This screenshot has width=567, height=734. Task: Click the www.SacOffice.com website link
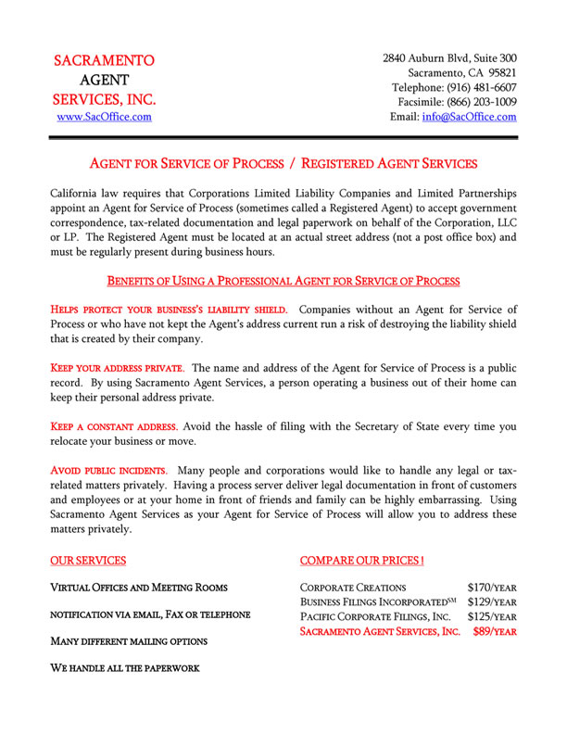(104, 118)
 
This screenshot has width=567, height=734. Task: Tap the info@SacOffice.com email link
(469, 118)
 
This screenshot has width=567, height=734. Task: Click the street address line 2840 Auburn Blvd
(449, 58)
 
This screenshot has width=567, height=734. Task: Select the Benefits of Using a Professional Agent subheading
(283, 280)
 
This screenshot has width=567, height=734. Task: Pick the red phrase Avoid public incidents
(108, 470)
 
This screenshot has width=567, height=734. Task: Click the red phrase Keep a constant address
(113, 427)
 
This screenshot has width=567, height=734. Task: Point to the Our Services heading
(87, 561)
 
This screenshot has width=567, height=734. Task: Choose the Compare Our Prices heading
(362, 561)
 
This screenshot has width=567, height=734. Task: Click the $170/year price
(492, 588)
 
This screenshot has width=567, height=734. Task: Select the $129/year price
(492, 602)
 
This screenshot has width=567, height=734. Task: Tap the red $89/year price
(495, 632)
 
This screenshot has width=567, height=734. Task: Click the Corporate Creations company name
(353, 588)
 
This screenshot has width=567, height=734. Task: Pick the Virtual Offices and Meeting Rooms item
(138, 588)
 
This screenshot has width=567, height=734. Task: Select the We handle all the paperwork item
(124, 667)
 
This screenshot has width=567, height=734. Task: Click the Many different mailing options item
(128, 640)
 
